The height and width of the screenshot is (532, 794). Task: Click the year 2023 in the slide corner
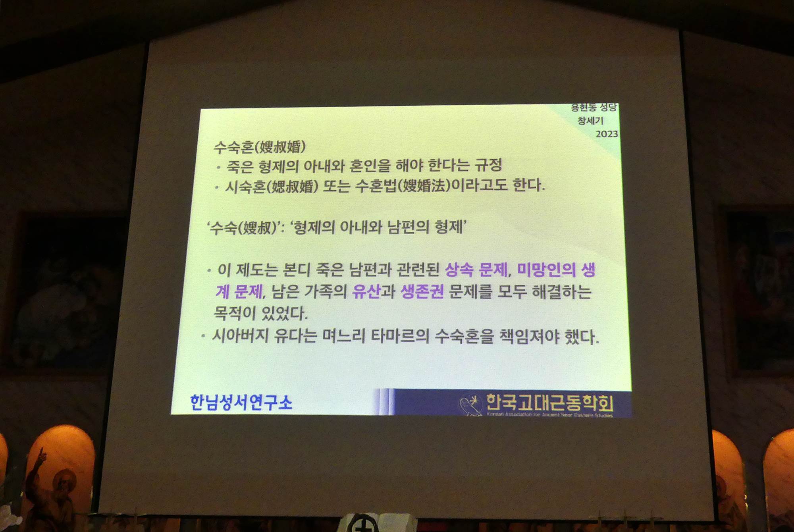coord(607,134)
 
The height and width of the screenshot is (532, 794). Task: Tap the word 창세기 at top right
coord(590,120)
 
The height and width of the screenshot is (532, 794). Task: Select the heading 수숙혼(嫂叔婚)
coord(260,147)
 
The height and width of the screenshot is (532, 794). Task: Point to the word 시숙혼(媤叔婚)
coord(272,186)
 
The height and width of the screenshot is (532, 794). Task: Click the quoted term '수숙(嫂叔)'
coord(244,227)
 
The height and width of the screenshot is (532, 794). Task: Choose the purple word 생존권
coord(422,291)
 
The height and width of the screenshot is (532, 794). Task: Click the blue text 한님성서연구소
coord(241,402)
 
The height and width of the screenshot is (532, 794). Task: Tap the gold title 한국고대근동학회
coord(550,403)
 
